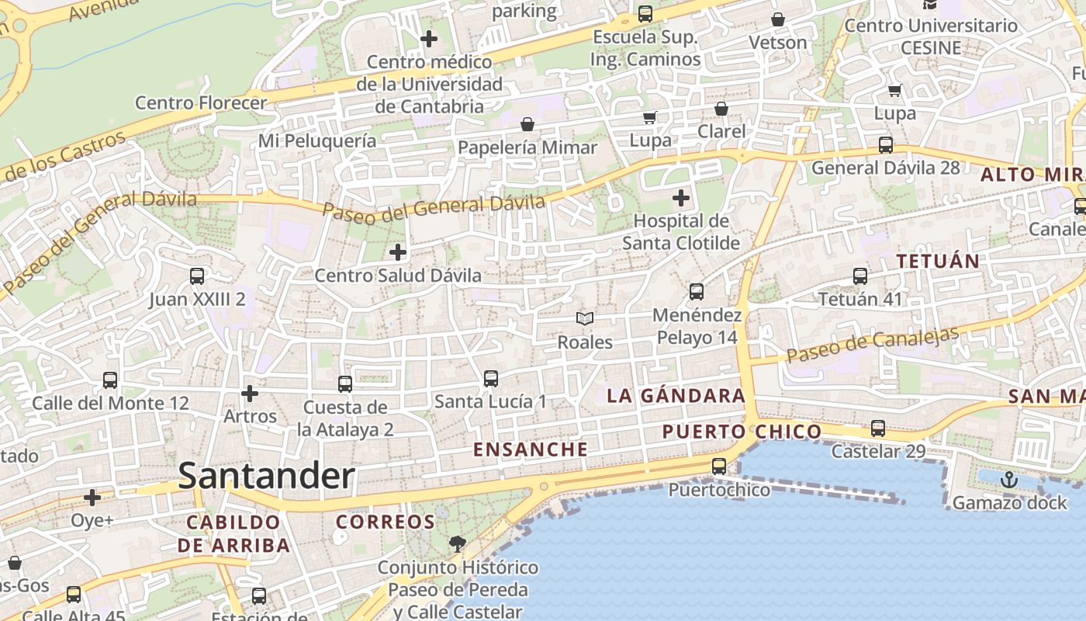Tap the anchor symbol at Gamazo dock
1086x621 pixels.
[1008, 480]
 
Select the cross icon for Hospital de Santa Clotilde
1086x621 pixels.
[681, 198]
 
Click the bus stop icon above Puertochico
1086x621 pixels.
[719, 467]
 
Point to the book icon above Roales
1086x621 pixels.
[585, 318]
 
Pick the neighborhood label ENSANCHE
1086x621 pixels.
[531, 449]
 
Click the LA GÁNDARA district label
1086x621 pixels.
[676, 396]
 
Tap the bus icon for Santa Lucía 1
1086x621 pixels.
[490, 379]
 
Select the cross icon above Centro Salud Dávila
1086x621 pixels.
[398, 252]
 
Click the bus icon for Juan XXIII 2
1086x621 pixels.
[197, 276]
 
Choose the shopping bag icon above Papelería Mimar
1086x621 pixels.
[527, 124]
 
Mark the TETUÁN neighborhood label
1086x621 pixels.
[938, 261]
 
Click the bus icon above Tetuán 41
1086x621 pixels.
[860, 276]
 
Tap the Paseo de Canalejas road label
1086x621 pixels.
[873, 345]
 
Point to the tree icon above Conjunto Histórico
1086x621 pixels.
[458, 543]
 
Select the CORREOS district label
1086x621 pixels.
[385, 522]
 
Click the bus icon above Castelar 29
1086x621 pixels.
[878, 428]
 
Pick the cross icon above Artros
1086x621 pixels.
[249, 394]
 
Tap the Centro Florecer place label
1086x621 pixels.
[201, 102]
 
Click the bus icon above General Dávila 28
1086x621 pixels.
[885, 145]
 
